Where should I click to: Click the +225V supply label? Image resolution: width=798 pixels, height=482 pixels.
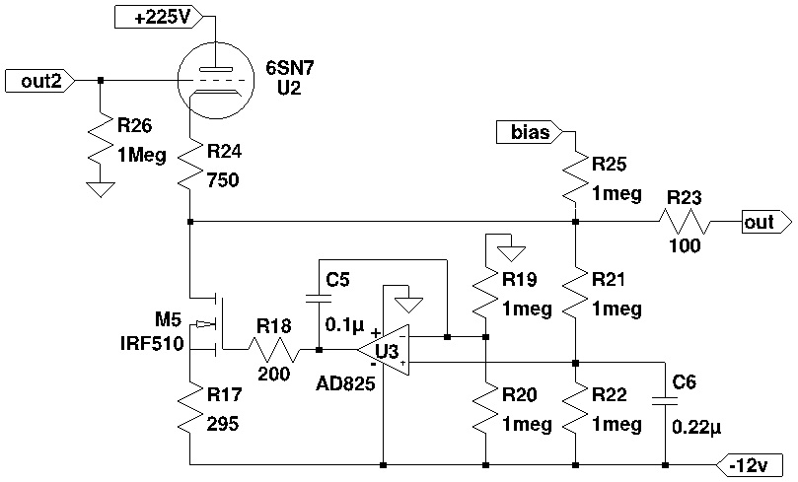tap(158, 16)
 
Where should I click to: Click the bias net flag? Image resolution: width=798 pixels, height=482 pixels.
tap(530, 131)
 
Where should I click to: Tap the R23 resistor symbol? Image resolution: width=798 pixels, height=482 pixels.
tap(687, 223)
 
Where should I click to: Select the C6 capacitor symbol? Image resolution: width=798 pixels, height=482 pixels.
tap(666, 398)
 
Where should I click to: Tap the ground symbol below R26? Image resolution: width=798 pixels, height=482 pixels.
tap(100, 188)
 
